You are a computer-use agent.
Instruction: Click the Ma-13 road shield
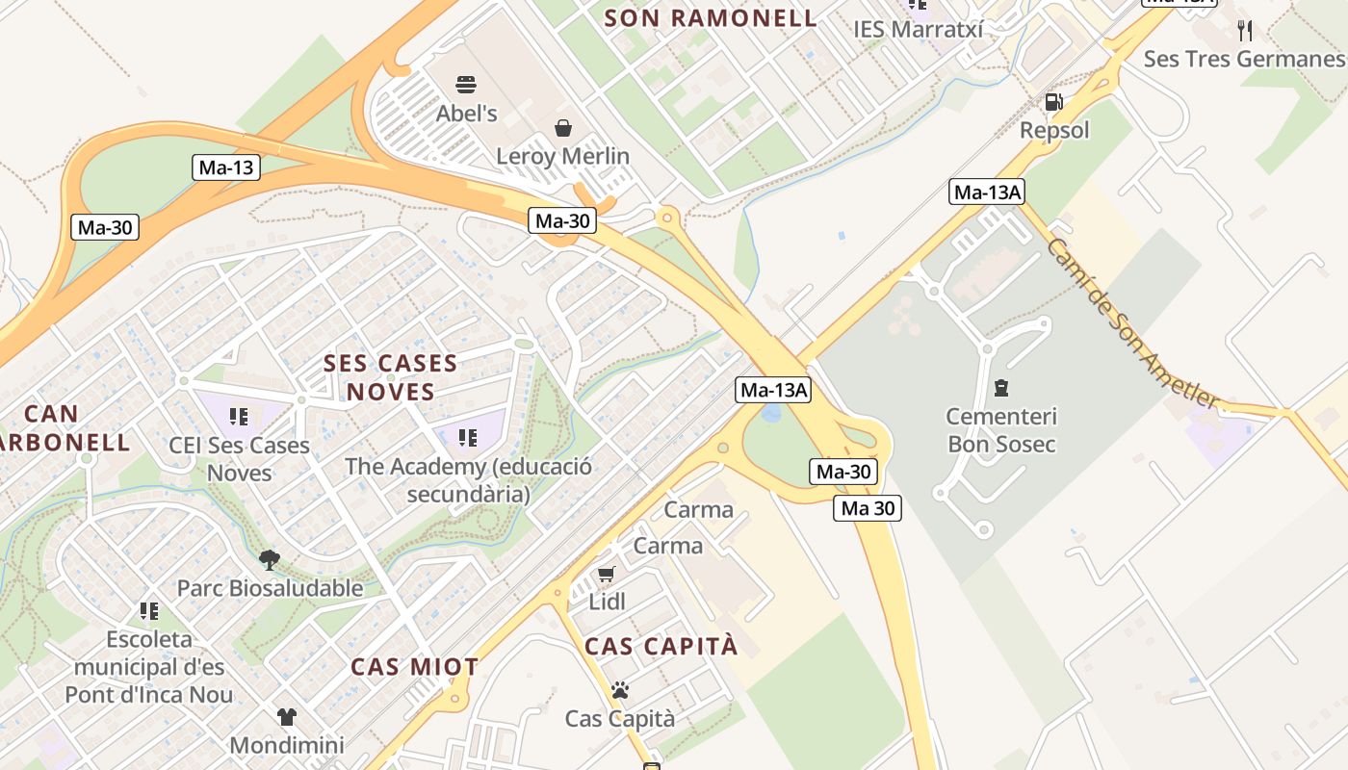[x=226, y=167]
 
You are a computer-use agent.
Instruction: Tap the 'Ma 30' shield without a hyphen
[x=868, y=508]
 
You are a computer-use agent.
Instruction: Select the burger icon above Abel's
[x=466, y=85]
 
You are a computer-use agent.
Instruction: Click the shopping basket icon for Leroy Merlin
[x=562, y=127]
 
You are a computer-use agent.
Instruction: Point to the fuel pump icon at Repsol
[x=1054, y=102]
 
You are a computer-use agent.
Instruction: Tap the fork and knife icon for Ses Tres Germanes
[x=1245, y=30]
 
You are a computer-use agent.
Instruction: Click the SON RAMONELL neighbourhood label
[x=711, y=17]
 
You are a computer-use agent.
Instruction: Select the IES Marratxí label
[x=918, y=30]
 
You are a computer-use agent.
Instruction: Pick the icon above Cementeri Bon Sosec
[x=1000, y=389]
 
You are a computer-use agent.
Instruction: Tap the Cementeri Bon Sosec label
[x=1000, y=430]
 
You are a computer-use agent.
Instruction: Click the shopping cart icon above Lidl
[x=606, y=575]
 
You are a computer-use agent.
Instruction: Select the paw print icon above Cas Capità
[x=619, y=690]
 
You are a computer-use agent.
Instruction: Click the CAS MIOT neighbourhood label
[x=414, y=667]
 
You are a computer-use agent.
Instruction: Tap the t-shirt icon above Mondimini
[x=286, y=717]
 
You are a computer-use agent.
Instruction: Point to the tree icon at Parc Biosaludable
[x=270, y=559]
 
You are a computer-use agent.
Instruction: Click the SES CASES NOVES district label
[x=390, y=377]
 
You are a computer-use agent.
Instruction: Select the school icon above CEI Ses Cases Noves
[x=239, y=417]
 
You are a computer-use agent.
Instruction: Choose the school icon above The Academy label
[x=468, y=438]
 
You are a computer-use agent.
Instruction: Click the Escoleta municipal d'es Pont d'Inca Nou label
[x=149, y=666]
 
